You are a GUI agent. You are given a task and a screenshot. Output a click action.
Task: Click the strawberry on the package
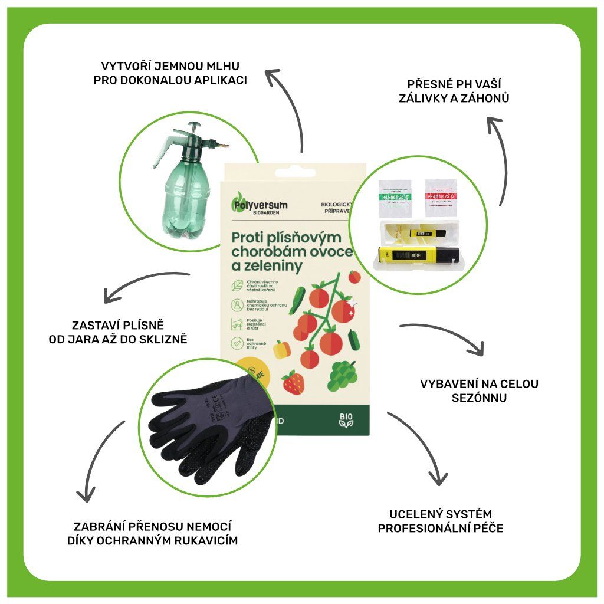coord(293,382)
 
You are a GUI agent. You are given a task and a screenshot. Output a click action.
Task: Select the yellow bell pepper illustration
coord(283,348)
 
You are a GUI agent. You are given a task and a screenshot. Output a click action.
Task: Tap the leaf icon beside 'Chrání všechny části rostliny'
coord(236,285)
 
